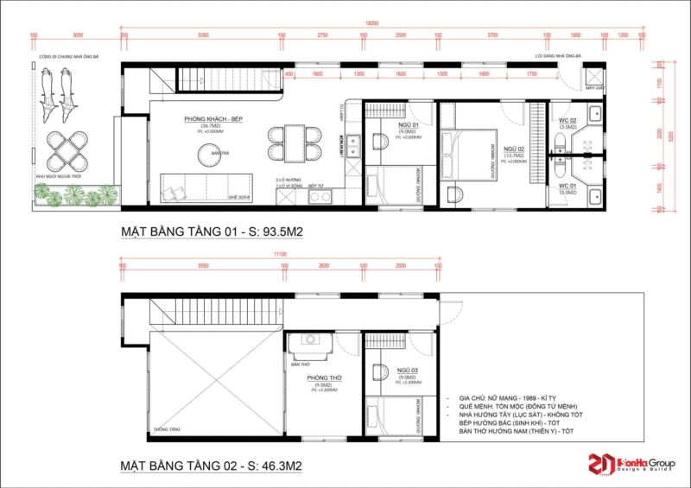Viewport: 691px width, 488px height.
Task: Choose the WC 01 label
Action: [x=567, y=186]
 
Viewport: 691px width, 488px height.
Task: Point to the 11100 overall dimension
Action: [x=281, y=255]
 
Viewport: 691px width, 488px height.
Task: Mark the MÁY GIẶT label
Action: [x=593, y=88]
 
